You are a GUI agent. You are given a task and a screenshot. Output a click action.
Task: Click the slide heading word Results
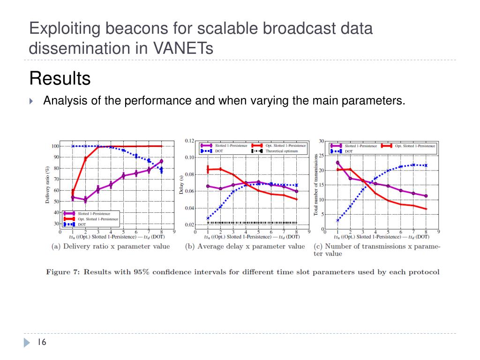60,78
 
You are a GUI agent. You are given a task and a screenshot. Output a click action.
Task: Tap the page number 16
42,343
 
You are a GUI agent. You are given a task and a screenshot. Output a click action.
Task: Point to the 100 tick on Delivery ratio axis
55,146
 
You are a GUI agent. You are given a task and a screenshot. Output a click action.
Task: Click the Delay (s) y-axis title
181,183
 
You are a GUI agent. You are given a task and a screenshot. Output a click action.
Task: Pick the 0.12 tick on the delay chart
189,141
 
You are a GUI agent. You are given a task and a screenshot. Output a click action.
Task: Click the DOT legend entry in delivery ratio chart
82,225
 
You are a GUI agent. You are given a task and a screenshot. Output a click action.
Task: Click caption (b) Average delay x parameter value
245,246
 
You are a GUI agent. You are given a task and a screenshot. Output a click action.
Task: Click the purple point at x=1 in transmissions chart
337,163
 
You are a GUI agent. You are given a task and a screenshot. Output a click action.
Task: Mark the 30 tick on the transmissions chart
322,141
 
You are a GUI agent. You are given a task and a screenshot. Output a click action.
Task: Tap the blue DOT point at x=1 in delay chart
208,218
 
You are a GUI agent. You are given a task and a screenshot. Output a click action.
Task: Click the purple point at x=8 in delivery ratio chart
161,161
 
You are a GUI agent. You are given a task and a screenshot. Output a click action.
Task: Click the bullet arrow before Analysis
31,101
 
